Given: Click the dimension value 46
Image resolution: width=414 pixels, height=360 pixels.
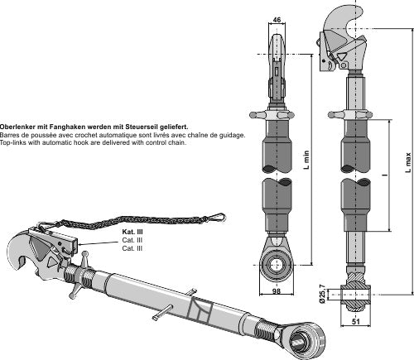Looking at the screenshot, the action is point(277,20).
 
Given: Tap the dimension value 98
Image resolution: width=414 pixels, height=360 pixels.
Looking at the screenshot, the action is point(277,291).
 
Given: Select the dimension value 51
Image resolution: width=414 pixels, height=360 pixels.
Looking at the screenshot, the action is point(356,321).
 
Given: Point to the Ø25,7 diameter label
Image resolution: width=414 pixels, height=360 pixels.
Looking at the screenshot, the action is point(322,295).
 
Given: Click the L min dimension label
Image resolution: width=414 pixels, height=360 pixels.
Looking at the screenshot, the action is point(306,160).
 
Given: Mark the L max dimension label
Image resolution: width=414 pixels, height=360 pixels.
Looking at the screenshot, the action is point(408,162).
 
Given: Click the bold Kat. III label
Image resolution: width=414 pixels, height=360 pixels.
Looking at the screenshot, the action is point(132,232).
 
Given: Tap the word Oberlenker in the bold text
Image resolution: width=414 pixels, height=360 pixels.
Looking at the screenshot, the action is point(17,127).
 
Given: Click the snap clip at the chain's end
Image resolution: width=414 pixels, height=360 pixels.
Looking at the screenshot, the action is point(218,217).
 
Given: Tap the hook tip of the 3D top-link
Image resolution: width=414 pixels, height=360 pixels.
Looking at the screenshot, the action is point(22,262).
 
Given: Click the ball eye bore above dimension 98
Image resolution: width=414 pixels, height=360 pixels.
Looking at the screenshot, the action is point(276,266).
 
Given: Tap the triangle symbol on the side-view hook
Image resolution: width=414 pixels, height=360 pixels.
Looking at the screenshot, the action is point(341,56).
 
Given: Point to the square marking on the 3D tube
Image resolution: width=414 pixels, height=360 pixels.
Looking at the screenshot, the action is point(200,310).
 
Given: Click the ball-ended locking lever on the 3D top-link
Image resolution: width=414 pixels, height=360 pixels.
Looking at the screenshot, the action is point(79,275).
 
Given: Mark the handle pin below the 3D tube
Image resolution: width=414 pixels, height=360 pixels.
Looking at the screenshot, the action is point(165,312).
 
